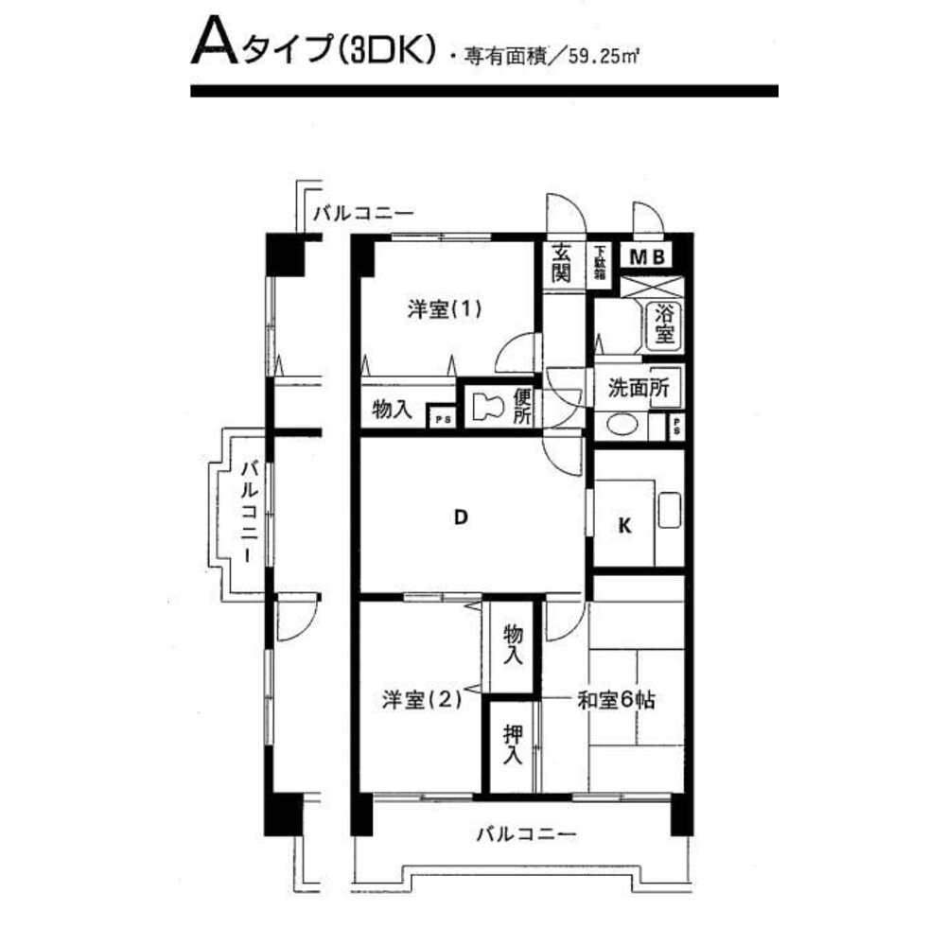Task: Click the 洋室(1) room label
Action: click(x=445, y=309)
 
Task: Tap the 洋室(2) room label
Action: click(x=422, y=700)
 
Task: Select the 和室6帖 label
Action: click(x=617, y=701)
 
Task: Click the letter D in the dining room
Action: click(x=460, y=517)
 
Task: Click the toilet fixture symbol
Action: click(x=486, y=408)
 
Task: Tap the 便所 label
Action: click(x=523, y=407)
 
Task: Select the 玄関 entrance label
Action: click(x=562, y=262)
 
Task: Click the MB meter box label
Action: click(x=649, y=255)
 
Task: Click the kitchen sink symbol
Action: click(x=669, y=512)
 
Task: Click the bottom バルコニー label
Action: click(x=525, y=834)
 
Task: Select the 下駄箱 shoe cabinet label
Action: click(x=600, y=262)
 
